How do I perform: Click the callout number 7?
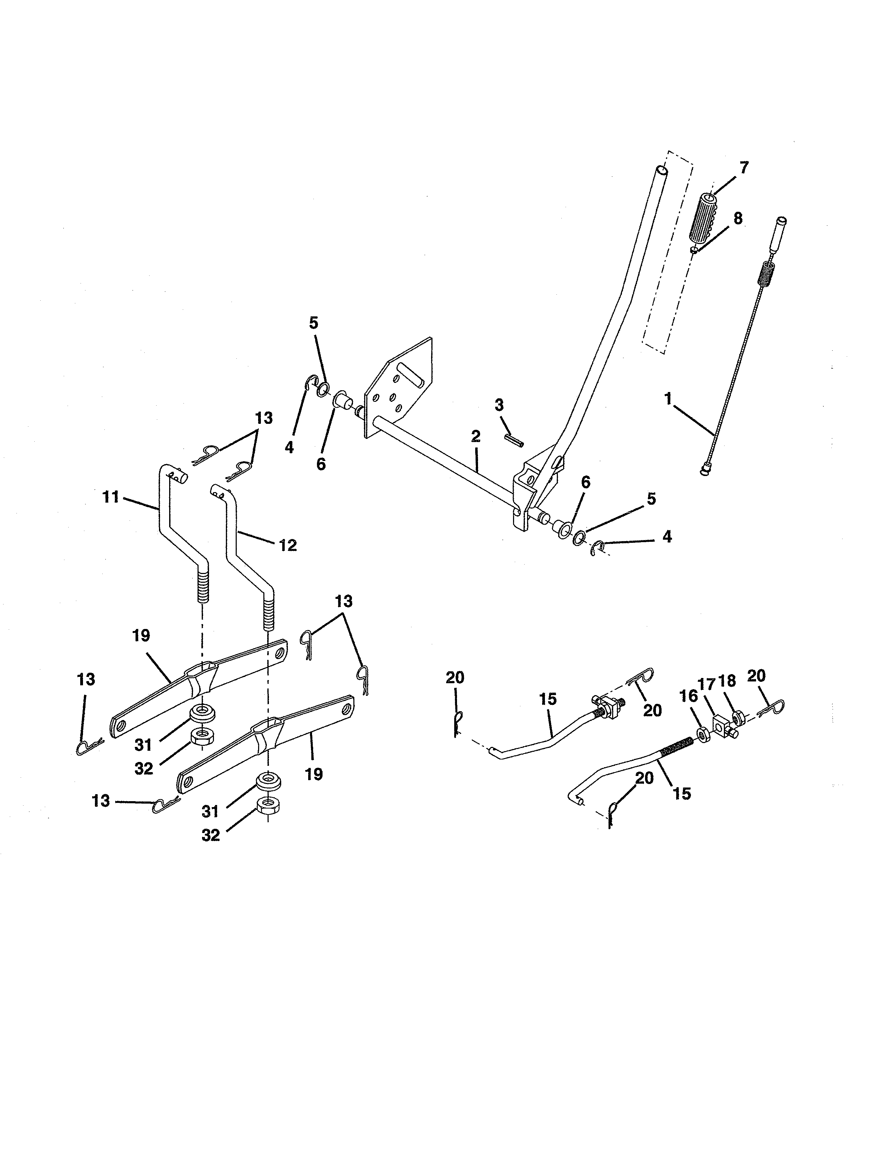(x=744, y=168)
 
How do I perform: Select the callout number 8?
(x=738, y=218)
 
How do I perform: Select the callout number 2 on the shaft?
(x=475, y=436)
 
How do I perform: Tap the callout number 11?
(x=111, y=497)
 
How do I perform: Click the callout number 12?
(x=288, y=545)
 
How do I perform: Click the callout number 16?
(x=688, y=696)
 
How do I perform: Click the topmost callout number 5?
(x=314, y=323)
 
